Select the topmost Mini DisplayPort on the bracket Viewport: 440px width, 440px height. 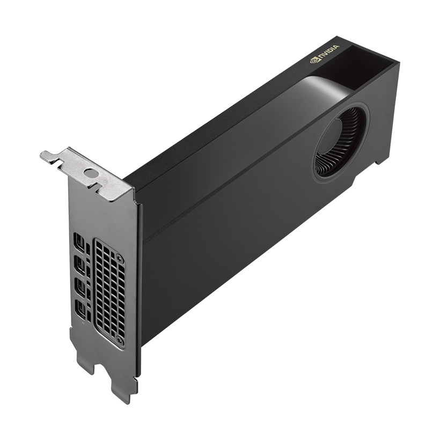(x=80, y=244)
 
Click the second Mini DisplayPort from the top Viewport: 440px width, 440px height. (x=80, y=265)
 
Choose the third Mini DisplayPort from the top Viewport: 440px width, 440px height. (x=80, y=285)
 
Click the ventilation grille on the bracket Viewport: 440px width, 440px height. (x=109, y=292)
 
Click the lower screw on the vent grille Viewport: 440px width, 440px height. (x=120, y=340)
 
